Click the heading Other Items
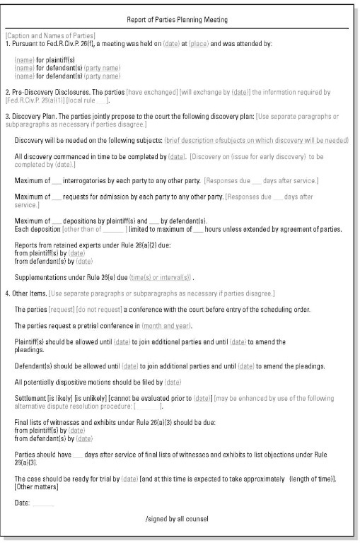[x=28, y=293]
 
